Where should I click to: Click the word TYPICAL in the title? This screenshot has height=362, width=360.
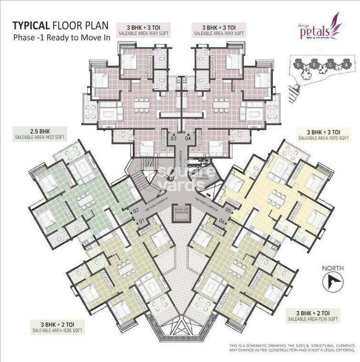click(x=32, y=25)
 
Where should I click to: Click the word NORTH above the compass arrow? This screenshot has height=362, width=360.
click(x=333, y=268)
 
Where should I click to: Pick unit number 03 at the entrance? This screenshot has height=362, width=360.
click(x=174, y=139)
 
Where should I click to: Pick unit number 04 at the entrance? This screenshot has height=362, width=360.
click(x=187, y=139)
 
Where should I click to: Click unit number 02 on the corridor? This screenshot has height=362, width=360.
click(x=135, y=210)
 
